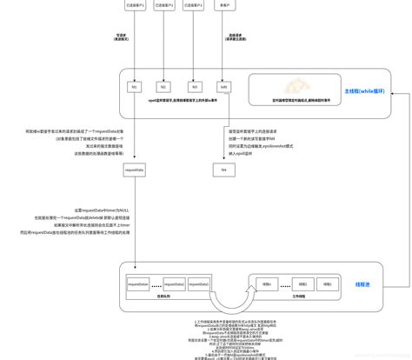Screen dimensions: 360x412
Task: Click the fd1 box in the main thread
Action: coord(134,87)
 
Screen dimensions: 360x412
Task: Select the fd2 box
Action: coord(163,87)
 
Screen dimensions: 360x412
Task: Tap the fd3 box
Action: coord(195,87)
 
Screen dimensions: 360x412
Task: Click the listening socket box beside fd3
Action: coord(223,87)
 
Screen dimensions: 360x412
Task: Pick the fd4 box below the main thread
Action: coord(223,170)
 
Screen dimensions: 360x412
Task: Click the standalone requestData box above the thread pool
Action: coord(134,170)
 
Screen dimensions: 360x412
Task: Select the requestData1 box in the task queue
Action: coord(138,283)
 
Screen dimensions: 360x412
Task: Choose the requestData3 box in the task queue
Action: coord(199,283)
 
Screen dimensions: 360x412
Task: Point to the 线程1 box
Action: coord(328,283)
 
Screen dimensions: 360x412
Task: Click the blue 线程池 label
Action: coord(362,284)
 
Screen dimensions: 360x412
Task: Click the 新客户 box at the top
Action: coord(225,5)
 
